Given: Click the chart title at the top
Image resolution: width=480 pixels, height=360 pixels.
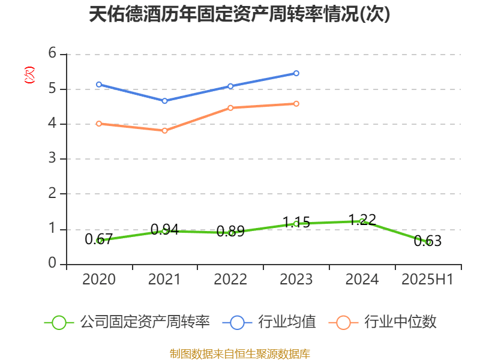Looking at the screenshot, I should coord(239,15).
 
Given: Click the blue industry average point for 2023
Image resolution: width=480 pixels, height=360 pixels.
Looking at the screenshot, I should coord(296,73).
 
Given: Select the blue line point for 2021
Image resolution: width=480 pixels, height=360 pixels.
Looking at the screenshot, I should coord(164,101).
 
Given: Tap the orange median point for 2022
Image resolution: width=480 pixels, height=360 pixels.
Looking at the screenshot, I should coord(230,108).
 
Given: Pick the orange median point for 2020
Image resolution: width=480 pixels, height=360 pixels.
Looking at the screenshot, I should coord(98,124).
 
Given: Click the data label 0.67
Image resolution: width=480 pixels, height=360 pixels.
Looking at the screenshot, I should coord(98,239).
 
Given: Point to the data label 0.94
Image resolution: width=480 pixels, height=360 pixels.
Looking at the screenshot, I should coord(164,229).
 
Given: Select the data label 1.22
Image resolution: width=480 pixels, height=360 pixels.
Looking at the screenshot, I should coord(362,220).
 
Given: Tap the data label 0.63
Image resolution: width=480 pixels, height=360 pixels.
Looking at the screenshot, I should coord(428,241).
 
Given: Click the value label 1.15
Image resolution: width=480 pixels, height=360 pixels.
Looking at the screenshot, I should coord(296,223).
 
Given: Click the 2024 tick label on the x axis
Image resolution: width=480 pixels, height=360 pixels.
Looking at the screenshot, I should coord(362,280).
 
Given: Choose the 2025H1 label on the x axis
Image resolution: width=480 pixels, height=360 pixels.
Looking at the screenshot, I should coord(427,280).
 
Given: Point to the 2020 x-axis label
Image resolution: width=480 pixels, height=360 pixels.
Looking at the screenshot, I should coord(98,280).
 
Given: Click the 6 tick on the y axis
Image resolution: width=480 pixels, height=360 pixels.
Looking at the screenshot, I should coord(53,54).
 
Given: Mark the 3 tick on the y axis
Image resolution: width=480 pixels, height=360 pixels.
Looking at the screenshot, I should coord(53,159).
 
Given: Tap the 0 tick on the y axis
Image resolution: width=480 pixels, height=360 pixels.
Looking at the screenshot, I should coord(53,263).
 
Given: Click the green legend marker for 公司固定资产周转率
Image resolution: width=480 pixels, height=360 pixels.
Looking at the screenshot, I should coord(59,322).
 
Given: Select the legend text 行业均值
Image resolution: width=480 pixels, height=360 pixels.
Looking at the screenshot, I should coord(287,322).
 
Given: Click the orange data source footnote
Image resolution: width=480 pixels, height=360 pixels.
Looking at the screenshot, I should coord(239,353).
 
